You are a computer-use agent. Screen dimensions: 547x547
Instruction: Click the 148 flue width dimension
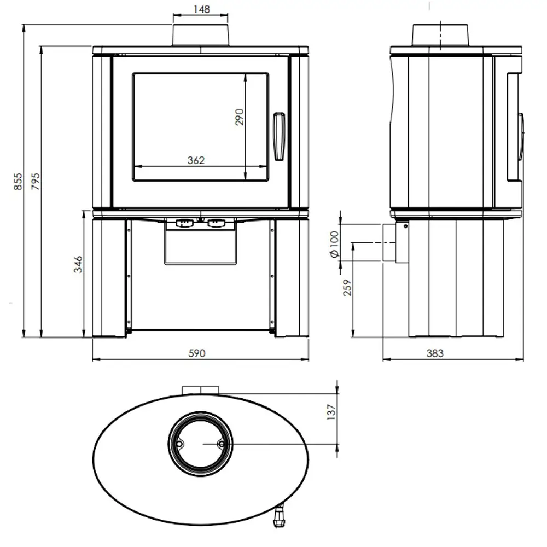click(x=202, y=9)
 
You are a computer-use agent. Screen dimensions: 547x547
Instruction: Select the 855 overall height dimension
click(x=18, y=182)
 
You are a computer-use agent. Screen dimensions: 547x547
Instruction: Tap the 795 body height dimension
click(x=36, y=182)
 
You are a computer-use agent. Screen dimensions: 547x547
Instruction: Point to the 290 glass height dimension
click(x=240, y=117)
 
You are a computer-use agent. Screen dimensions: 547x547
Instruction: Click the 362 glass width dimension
click(x=196, y=160)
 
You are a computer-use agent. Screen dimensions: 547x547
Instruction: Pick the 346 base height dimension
click(x=78, y=264)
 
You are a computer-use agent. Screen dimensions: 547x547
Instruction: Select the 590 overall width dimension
click(x=197, y=353)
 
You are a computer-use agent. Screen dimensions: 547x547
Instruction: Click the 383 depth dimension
click(x=435, y=353)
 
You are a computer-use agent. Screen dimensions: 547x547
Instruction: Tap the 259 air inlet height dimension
click(x=347, y=288)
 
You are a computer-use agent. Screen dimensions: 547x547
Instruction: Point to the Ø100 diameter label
click(x=334, y=244)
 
